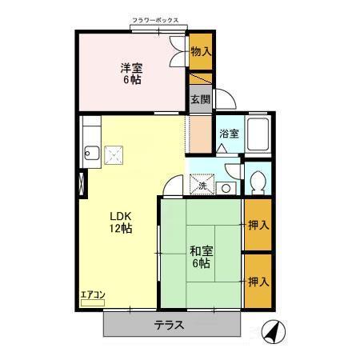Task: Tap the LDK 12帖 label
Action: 121,222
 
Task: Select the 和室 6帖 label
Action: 200,256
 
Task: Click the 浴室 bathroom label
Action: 228,135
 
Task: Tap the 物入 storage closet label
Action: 201,51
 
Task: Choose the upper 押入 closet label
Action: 258,226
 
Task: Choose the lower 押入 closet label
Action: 258,282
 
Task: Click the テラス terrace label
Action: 170,326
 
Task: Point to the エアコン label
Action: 93,294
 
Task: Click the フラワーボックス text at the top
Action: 160,20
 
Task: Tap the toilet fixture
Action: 258,182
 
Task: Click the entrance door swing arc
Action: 226,98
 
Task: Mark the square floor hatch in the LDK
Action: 116,154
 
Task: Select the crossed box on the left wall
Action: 80,182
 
